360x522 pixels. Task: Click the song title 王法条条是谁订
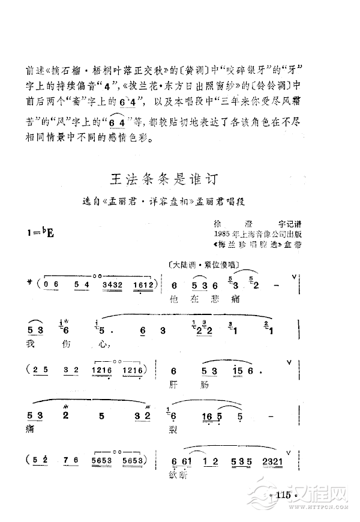click(163, 179)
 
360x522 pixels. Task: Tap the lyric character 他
click(174, 298)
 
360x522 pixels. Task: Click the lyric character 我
click(31, 344)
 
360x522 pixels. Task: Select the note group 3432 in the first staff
click(114, 284)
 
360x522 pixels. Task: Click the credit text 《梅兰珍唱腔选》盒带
click(252, 244)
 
